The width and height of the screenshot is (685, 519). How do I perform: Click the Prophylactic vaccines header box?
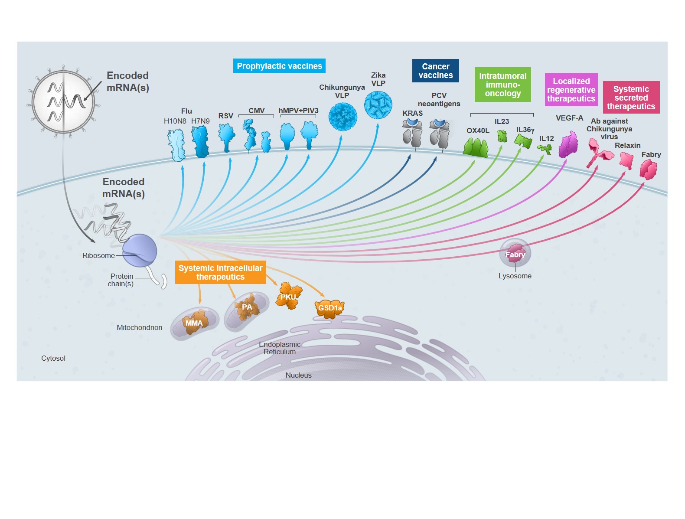pyautogui.click(x=279, y=66)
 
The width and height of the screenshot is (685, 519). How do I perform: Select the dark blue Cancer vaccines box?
pyautogui.click(x=435, y=71)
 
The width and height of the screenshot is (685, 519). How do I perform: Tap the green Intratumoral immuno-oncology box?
pyautogui.click(x=502, y=85)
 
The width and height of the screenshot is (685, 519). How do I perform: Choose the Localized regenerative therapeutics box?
pyautogui.click(x=571, y=90)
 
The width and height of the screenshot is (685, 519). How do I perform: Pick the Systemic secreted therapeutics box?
pyautogui.click(x=631, y=98)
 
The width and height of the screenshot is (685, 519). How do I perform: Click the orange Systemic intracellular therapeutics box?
pyautogui.click(x=220, y=272)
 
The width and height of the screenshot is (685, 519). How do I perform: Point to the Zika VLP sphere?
pyautogui.click(x=378, y=105)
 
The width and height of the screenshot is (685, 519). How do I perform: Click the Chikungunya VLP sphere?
pyautogui.click(x=342, y=117)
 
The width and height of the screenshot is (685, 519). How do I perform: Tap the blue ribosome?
pyautogui.click(x=140, y=251)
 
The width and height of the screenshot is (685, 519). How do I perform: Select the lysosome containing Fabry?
pyautogui.click(x=515, y=253)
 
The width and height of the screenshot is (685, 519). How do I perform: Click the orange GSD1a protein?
pyautogui.click(x=329, y=308)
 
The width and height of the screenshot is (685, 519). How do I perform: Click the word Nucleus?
pyautogui.click(x=298, y=375)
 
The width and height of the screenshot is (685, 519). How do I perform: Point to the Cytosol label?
pyautogui.click(x=53, y=358)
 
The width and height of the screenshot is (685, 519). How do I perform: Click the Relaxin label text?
pyautogui.click(x=627, y=145)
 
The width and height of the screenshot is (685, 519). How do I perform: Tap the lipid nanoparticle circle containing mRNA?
pyautogui.click(x=64, y=102)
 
